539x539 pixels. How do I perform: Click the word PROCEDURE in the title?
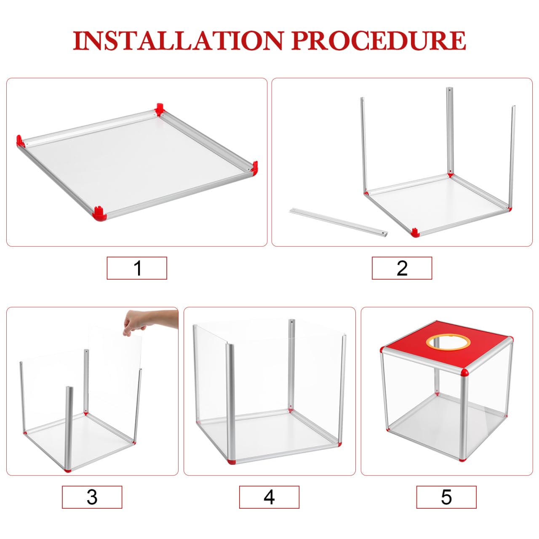[x=379, y=41]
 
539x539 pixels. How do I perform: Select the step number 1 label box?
[x=137, y=268]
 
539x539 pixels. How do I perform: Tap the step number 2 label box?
[x=402, y=268]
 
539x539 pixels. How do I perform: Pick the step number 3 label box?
[x=92, y=497]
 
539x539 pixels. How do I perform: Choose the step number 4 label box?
[x=269, y=497]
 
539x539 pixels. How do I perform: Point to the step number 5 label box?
[x=446, y=497]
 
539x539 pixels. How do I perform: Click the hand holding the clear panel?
[x=149, y=320]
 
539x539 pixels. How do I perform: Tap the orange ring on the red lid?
[x=447, y=342]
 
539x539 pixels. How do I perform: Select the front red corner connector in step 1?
[x=99, y=214]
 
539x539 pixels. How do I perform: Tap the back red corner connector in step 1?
[x=159, y=109]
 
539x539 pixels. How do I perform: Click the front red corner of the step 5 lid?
[x=464, y=373]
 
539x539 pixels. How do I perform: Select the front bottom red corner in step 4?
[x=231, y=461]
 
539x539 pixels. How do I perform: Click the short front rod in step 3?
[x=69, y=425]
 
